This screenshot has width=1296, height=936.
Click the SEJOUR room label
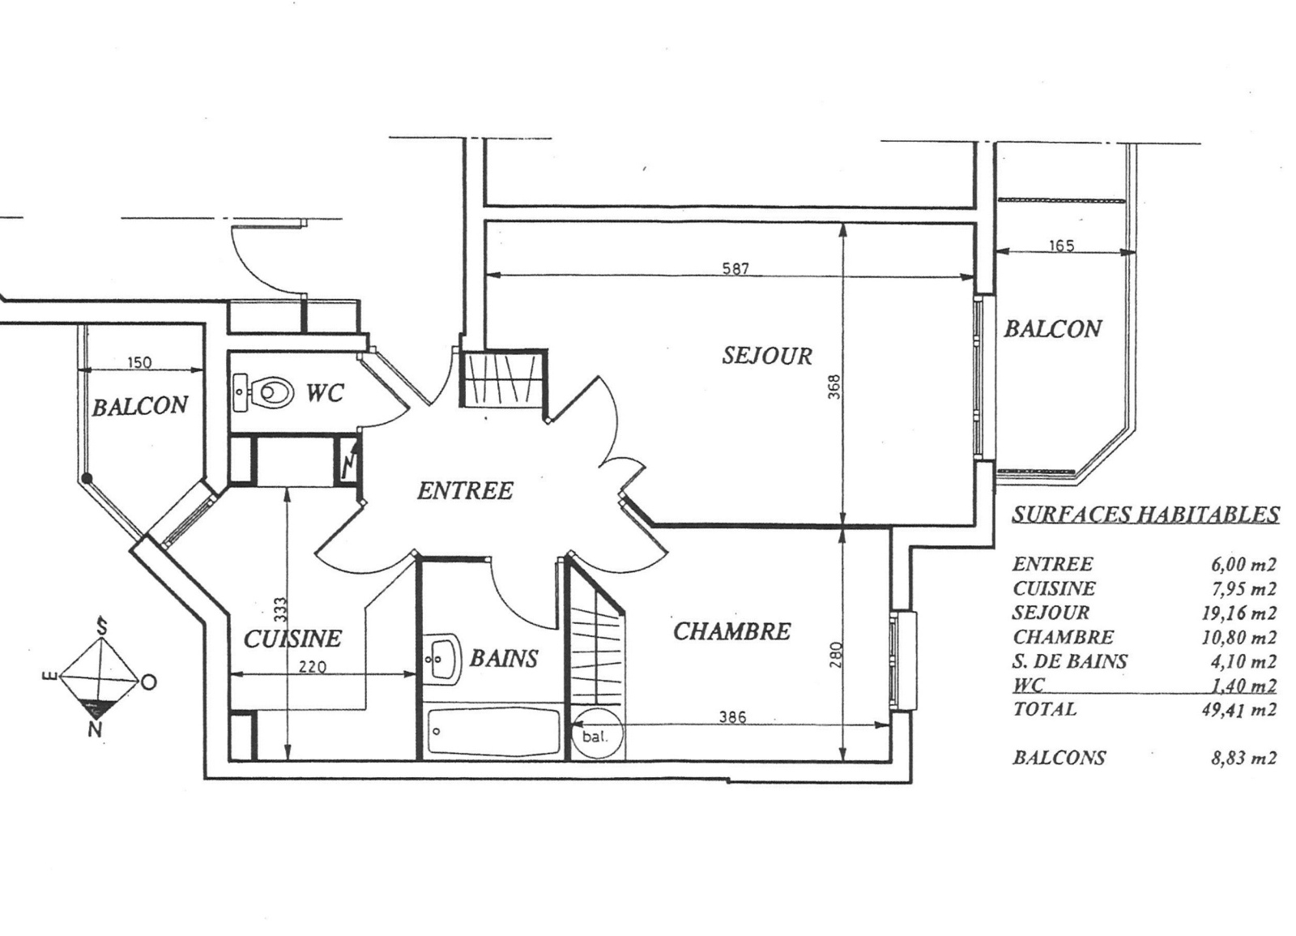(766, 355)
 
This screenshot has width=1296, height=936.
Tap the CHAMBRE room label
(731, 631)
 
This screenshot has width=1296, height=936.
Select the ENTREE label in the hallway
(465, 491)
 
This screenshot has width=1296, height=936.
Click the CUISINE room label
(292, 639)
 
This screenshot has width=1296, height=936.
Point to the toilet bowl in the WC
(274, 392)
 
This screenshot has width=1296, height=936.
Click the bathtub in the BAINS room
(493, 732)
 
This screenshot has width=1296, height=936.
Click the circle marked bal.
(596, 734)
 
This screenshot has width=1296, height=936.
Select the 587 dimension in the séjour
(736, 268)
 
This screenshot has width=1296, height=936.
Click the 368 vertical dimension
(833, 387)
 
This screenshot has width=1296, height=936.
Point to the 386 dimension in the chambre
(732, 717)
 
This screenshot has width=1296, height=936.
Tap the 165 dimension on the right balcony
(1062, 246)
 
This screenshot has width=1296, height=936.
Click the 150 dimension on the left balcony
(139, 363)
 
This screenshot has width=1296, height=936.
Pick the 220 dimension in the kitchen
(313, 668)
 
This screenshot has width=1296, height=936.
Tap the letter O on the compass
(149, 683)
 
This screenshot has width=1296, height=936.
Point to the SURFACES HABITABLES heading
(1145, 514)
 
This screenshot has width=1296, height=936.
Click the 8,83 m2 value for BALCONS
(1244, 758)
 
